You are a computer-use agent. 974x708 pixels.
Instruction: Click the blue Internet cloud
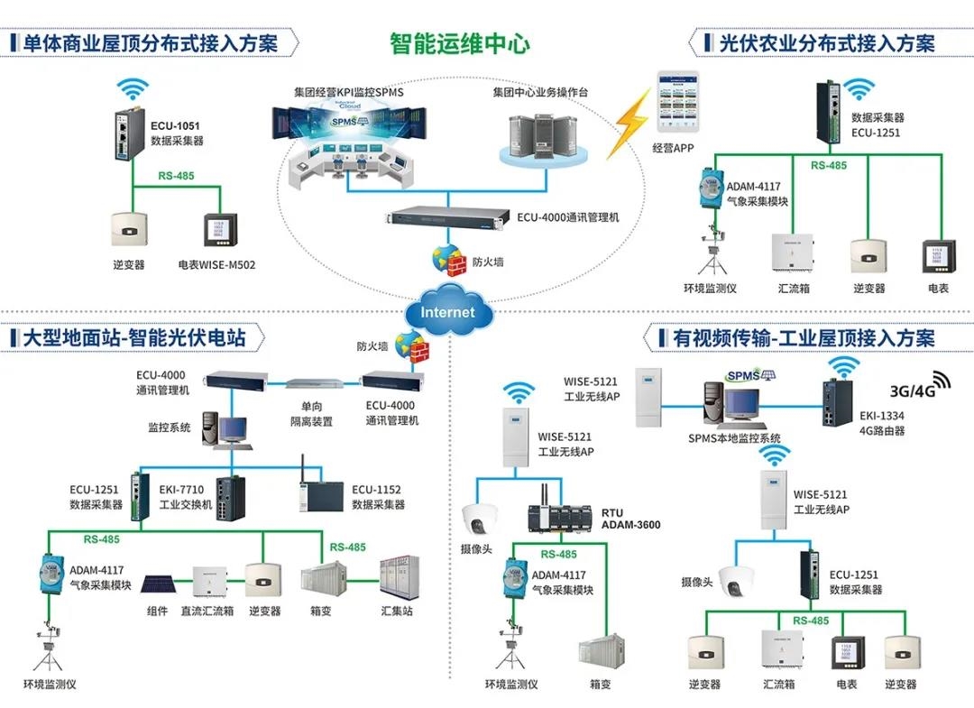tap(447, 312)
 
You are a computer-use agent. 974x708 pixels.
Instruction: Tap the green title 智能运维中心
tap(459, 42)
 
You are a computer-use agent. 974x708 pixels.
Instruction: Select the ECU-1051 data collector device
tap(125, 134)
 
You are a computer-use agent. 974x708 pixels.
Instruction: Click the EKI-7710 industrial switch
tap(225, 499)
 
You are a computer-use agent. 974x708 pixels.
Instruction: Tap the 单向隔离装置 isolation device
tap(316, 385)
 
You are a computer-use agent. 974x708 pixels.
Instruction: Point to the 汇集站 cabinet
tap(398, 577)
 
